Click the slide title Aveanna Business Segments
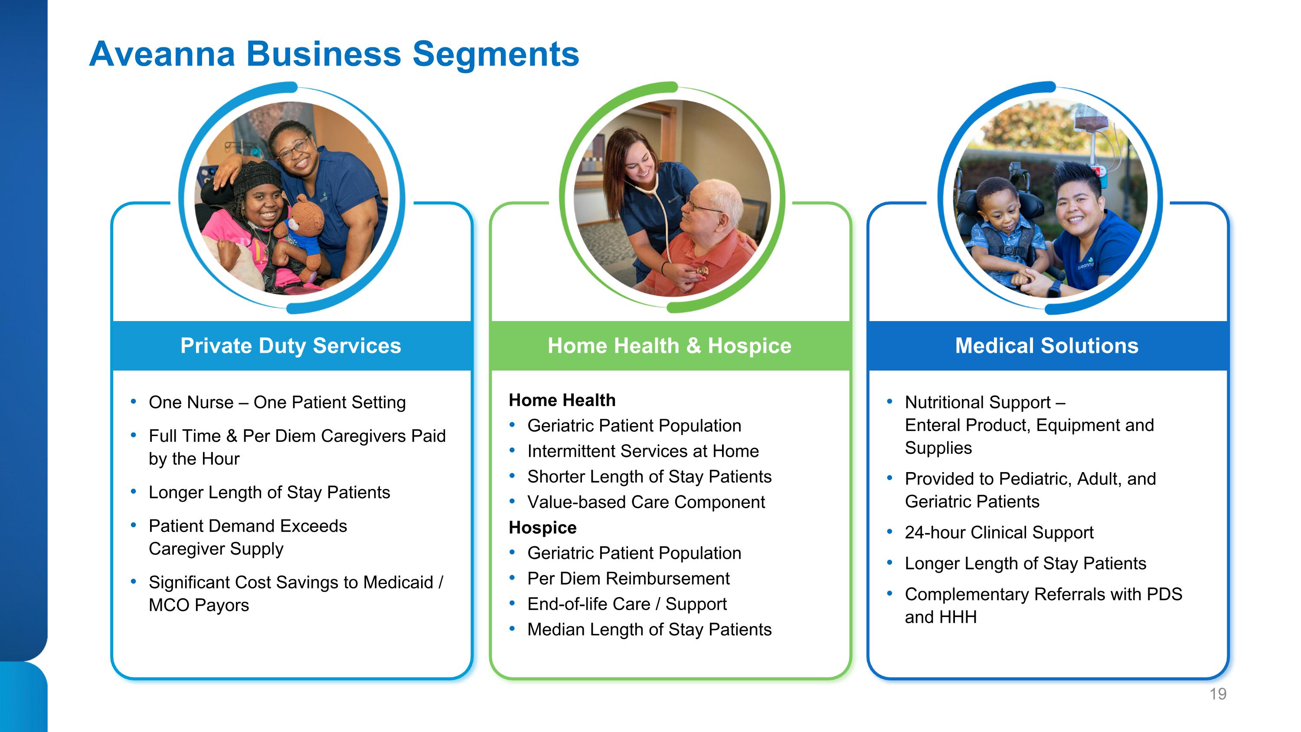point(334,54)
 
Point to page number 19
point(1218,694)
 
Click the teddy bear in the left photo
point(304,233)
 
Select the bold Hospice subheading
point(543,527)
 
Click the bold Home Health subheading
point(562,400)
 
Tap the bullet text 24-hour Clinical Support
point(999,532)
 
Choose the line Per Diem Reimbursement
point(628,578)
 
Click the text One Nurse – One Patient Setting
point(277,403)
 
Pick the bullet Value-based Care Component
point(646,502)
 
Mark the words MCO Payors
point(199,605)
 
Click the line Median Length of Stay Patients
point(650,630)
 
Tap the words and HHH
point(940,617)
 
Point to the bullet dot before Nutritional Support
point(890,402)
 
